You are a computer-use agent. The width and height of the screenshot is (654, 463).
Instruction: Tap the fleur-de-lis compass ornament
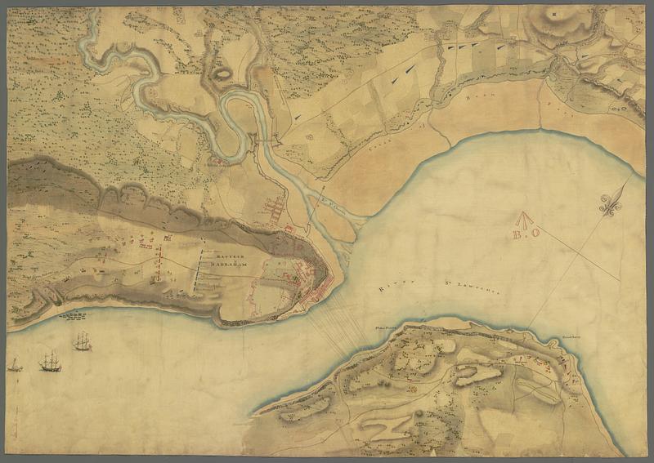612,205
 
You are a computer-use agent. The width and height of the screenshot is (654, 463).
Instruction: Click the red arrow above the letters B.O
523,218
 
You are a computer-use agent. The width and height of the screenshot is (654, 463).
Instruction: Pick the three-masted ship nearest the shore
82,341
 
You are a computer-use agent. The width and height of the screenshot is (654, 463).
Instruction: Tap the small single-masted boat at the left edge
15,366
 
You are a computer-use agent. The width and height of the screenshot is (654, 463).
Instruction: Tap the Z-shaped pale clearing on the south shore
385,426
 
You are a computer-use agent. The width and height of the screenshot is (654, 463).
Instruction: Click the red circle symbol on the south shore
412,388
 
